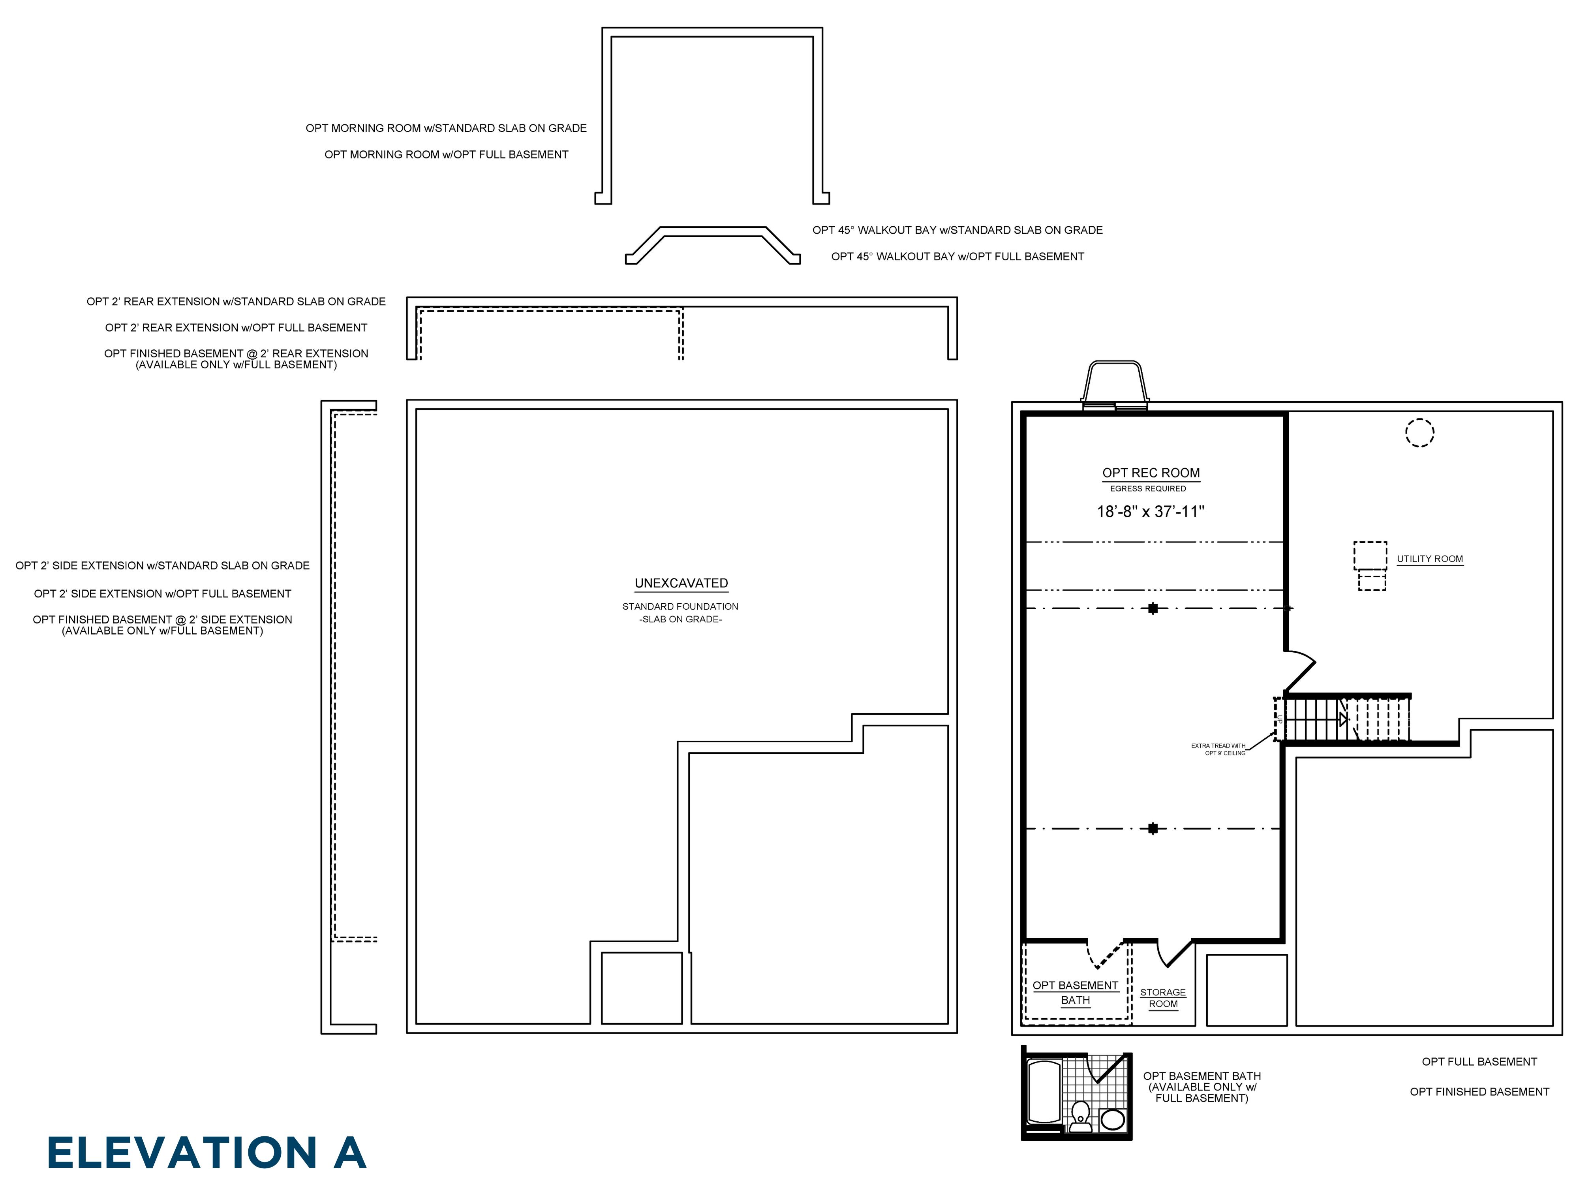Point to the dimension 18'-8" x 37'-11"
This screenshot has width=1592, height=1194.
(x=1150, y=512)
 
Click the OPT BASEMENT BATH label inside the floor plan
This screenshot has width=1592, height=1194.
(x=1075, y=993)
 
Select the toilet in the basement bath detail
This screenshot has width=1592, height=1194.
(x=1080, y=1114)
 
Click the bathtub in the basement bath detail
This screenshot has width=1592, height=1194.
(x=1044, y=1091)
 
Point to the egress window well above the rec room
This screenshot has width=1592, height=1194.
(x=1114, y=384)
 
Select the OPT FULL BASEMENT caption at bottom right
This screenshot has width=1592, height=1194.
(x=1479, y=1062)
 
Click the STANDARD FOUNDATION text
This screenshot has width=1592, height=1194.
(x=680, y=607)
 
